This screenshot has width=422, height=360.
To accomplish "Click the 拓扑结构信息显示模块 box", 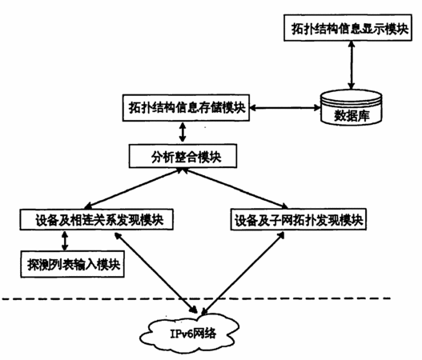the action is click(348, 28).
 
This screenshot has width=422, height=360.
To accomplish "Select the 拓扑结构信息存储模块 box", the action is click(186, 108).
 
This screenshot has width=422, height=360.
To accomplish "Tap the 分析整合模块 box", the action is click(183, 156).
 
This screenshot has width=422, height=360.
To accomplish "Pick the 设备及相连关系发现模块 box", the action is click(96, 220).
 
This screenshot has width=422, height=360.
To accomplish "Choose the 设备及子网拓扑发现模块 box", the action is click(299, 219).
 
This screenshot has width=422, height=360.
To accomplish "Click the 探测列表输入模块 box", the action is click(72, 264).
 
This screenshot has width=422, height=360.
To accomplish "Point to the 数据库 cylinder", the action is click(352, 108).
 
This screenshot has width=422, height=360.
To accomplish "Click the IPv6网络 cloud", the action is click(190, 334).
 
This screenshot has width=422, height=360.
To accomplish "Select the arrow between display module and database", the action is click(352, 65).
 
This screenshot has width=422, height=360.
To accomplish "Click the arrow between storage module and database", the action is click(285, 108).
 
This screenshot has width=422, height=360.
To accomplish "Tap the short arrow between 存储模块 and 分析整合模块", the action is click(183, 133).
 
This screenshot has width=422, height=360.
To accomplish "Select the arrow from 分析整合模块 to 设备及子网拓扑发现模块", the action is click(235, 188).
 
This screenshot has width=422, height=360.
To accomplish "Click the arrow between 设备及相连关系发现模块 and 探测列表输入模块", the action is click(65, 241).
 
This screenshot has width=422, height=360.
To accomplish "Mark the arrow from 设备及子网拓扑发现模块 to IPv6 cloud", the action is click(243, 273).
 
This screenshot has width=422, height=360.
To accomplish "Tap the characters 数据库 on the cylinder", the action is click(352, 116).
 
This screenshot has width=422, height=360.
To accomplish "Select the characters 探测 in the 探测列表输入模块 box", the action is click(38, 265).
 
